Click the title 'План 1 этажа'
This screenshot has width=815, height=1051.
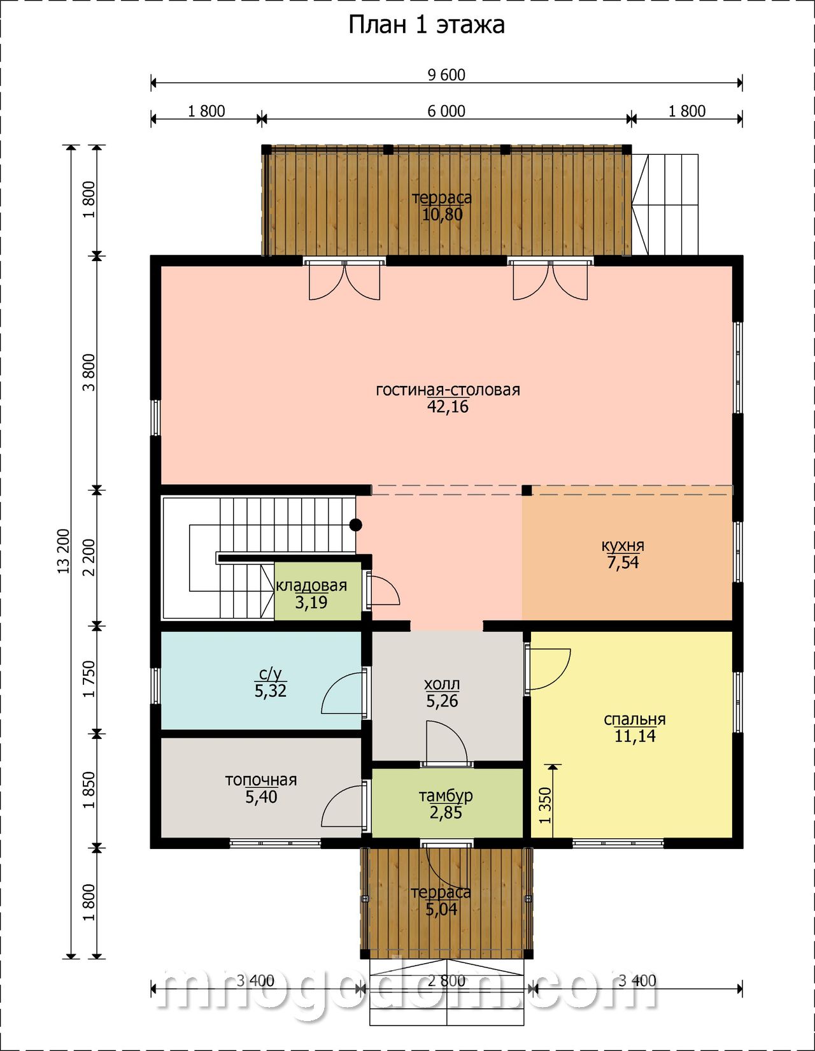pos(427,25)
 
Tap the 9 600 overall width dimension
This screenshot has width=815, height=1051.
pos(446,75)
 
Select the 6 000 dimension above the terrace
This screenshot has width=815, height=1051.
pos(446,111)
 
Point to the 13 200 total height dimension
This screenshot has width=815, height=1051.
pos(64,552)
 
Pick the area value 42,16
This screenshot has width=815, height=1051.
pos(448,407)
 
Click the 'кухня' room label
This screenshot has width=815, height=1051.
pos(623,546)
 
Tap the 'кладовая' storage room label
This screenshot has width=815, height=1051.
pos(311,585)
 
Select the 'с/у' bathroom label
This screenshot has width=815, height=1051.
pos(270,673)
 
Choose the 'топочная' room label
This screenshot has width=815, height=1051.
pos(261,780)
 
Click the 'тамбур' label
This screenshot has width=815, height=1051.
pos(446,796)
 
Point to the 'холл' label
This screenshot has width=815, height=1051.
pos(442,684)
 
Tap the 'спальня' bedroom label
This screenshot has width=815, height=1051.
pos(635,719)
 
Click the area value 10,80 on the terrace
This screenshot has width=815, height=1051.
pos(443,214)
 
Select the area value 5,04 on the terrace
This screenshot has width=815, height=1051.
pos(441,910)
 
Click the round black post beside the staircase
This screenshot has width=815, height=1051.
pos(356,525)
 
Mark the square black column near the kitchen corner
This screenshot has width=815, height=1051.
pos(527,490)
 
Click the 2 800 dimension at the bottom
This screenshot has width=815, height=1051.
pos(446,981)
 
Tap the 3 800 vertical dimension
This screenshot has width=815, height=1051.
pos(90,373)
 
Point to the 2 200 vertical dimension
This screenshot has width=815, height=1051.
pos(90,558)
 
